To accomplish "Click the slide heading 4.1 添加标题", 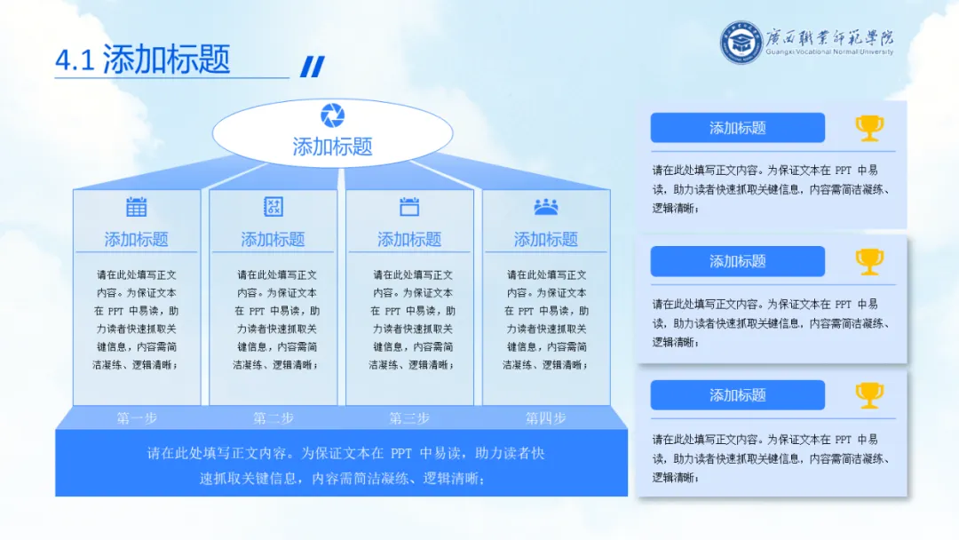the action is click(143, 60).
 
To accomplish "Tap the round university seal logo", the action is click(741, 42).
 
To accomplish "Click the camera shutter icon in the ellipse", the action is click(332, 115).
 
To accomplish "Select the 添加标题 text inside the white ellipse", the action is click(332, 147).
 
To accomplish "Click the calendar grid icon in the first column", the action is click(136, 207).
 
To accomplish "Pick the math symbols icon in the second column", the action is click(273, 207).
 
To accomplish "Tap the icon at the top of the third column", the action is click(408, 207).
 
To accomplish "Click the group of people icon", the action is click(545, 207).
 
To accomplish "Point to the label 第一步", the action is click(136, 417).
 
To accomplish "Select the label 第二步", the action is click(273, 417).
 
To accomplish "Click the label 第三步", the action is click(408, 417).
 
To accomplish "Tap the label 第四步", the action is click(545, 417).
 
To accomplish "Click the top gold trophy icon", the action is click(869, 128).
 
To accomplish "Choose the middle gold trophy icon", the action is click(869, 261).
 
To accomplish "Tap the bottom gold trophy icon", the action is click(869, 395).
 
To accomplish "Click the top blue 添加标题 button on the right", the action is click(737, 128).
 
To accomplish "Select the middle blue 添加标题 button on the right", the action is click(737, 261).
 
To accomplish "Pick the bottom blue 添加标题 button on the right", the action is click(737, 395).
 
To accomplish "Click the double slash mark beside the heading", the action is click(313, 67).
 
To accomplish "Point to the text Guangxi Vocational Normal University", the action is click(829, 52).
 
